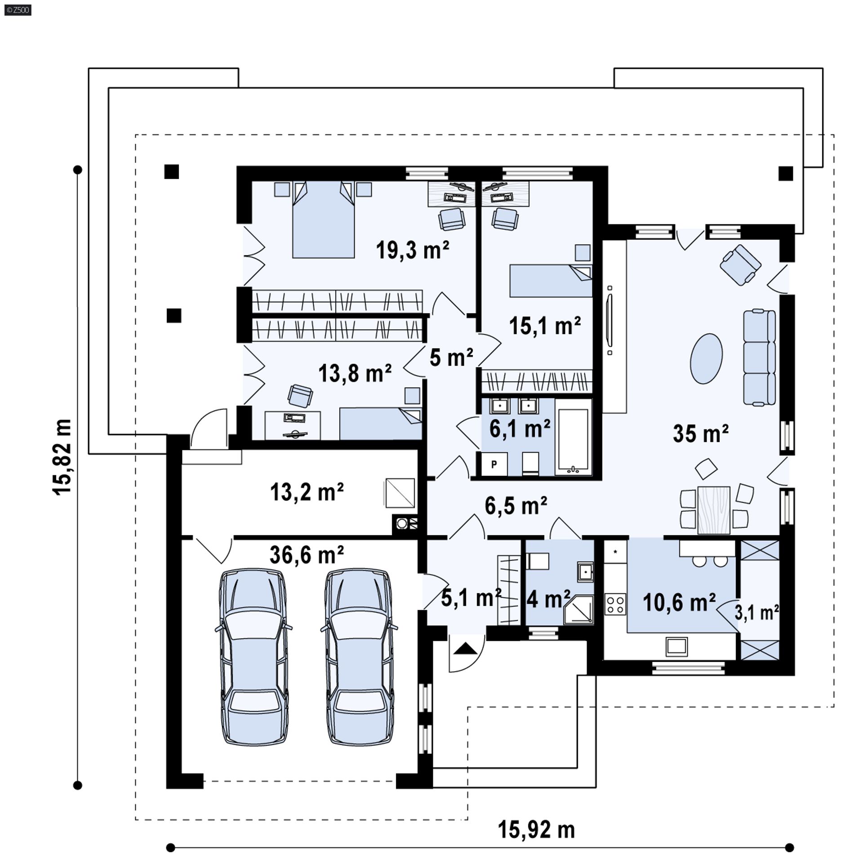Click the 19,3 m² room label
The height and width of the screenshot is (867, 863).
pyautogui.click(x=412, y=250)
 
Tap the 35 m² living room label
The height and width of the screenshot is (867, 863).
pyautogui.click(x=700, y=433)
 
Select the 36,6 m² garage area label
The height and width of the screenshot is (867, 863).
pyautogui.click(x=307, y=555)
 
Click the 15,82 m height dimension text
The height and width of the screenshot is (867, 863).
pyautogui.click(x=62, y=457)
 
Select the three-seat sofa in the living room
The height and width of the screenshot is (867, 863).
pyautogui.click(x=759, y=358)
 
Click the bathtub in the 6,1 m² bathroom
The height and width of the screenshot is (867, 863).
pyautogui.click(x=573, y=442)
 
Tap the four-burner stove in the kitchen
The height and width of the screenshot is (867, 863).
pyautogui.click(x=615, y=604)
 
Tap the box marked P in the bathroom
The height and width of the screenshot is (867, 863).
pyautogui.click(x=494, y=464)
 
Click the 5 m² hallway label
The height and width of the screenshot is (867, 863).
pyautogui.click(x=451, y=358)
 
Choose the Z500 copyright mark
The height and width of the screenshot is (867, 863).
pyautogui.click(x=18, y=9)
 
